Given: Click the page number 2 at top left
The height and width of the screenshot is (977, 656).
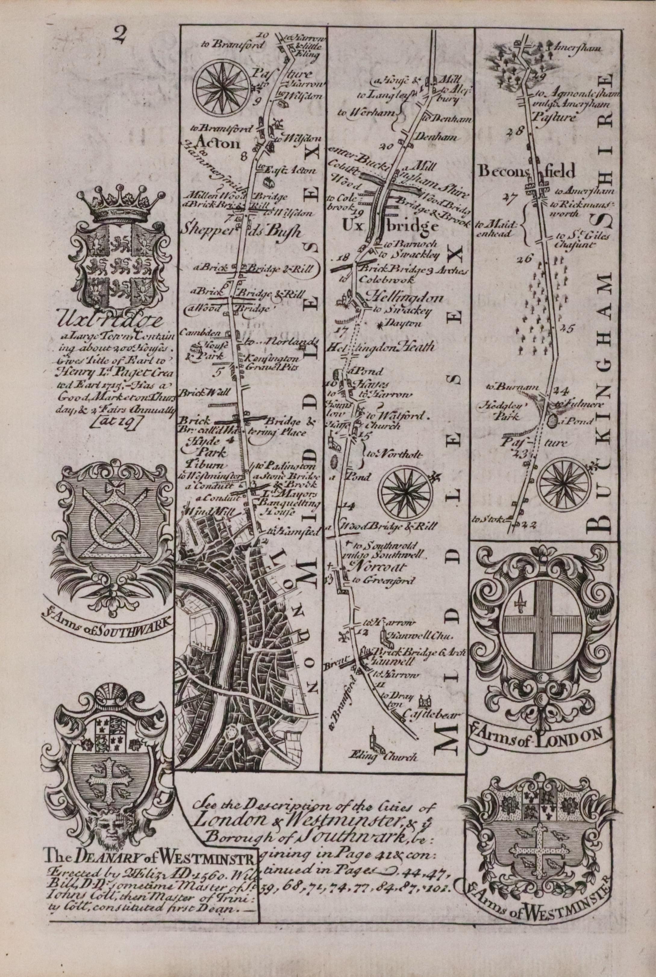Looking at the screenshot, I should click(119, 35).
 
